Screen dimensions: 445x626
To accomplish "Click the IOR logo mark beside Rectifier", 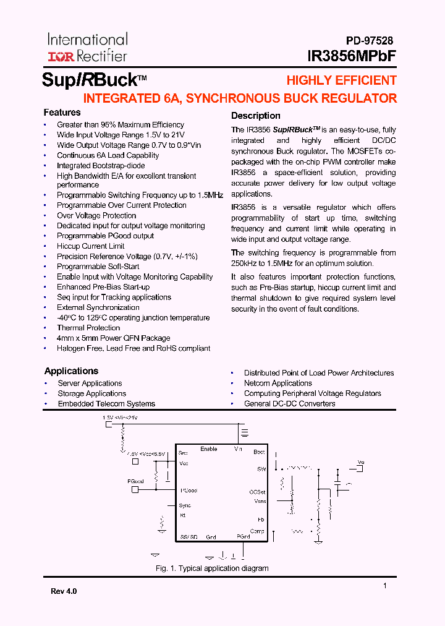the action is click(x=61, y=56).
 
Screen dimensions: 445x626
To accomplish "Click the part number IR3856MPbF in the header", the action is click(x=352, y=56).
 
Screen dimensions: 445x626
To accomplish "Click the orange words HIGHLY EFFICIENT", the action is click(x=341, y=80).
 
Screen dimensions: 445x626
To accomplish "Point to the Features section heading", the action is click(x=62, y=113).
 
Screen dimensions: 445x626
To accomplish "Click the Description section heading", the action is click(x=255, y=116).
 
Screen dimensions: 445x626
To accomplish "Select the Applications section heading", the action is click(x=71, y=371).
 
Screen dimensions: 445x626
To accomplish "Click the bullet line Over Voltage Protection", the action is click(x=96, y=215).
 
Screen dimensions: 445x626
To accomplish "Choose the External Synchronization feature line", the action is click(x=98, y=307).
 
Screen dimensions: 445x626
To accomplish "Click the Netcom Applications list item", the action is click(x=278, y=384).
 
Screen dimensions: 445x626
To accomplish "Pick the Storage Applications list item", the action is click(x=92, y=393).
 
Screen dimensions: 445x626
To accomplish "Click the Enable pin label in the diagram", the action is click(x=209, y=449).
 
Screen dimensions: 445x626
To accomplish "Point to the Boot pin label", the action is click(x=259, y=452).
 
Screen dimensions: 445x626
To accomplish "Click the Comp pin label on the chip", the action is click(x=257, y=531).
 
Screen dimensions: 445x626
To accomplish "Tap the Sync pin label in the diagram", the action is click(x=185, y=505).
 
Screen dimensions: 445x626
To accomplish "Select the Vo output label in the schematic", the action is click(x=362, y=462).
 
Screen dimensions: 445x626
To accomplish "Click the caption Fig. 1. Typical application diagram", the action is click(x=212, y=568).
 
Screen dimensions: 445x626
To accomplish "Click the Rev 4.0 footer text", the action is click(x=64, y=591).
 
